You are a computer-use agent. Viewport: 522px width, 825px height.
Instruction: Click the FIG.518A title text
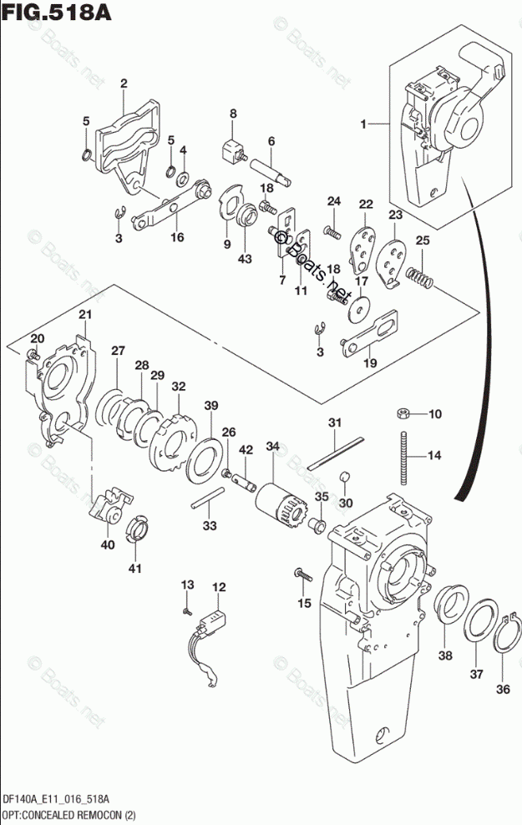click(58, 12)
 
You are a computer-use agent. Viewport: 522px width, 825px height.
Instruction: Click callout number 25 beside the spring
click(423, 240)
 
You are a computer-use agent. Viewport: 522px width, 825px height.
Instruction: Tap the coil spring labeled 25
click(419, 276)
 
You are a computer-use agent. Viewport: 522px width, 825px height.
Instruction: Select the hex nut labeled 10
click(403, 413)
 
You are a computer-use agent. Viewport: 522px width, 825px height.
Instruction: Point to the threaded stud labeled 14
click(404, 458)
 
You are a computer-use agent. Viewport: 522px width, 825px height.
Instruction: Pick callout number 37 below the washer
click(476, 674)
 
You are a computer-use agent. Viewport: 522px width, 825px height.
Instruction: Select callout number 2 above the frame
click(124, 84)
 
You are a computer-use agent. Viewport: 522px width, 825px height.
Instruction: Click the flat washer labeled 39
click(203, 459)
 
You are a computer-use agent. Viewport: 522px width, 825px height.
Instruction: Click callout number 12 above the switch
click(220, 587)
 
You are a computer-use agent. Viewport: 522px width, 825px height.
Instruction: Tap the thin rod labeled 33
click(208, 498)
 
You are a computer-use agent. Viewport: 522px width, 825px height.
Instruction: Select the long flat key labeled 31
click(336, 453)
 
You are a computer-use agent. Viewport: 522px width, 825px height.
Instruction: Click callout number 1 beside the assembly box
click(363, 124)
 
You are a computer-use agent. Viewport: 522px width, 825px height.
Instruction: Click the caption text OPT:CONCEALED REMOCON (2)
click(69, 816)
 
